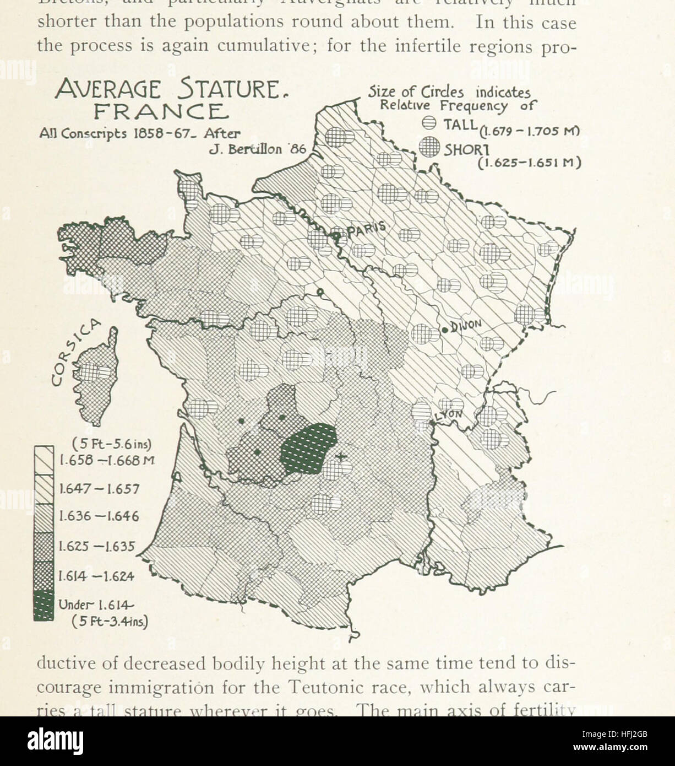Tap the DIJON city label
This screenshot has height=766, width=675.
point(466,326)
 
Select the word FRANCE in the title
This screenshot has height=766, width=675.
point(161,112)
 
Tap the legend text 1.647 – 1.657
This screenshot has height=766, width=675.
point(99,489)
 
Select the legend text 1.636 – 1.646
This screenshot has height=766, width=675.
point(99,517)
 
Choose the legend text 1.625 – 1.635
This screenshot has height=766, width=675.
point(97,547)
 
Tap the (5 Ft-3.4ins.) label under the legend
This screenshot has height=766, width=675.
point(110,622)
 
